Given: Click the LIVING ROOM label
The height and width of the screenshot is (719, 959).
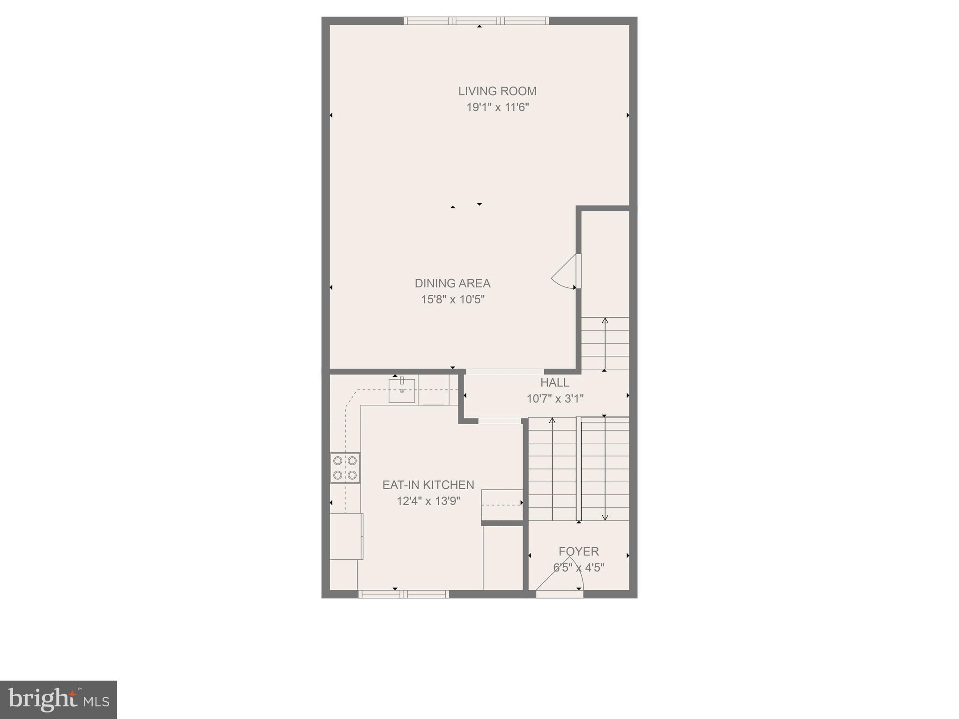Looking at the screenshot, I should pos(497,91).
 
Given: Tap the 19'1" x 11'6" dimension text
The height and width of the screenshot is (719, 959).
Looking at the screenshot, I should pos(497,108).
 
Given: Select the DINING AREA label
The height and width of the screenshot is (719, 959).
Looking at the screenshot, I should pos(452,283).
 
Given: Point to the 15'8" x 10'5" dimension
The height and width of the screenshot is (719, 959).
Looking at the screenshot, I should pos(452,300).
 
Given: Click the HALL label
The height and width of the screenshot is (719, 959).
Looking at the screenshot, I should pos(555,382).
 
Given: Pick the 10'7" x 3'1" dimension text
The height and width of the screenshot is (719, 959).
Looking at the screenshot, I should pos(555,399).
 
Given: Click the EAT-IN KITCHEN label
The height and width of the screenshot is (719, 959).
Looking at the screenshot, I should pos(428,485).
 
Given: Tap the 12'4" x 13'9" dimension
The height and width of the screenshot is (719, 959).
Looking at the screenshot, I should pos(428,501).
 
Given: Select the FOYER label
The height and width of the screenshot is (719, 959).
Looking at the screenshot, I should pos(579,551).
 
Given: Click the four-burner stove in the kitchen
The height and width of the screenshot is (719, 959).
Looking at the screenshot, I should pos(345,468).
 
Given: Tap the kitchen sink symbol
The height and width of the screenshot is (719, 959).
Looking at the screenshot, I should pos(402,391).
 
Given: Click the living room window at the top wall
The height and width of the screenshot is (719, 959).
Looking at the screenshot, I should pos(476,21).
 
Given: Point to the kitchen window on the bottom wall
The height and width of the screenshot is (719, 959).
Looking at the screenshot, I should pos(404,594).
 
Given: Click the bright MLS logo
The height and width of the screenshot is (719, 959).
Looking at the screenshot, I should pos(59,699).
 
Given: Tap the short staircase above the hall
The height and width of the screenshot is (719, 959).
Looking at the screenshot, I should pos(605,344).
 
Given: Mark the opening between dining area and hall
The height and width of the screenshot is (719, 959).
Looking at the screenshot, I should pos(505,372).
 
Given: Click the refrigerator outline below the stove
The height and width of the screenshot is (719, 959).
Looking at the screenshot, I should pos(346,536).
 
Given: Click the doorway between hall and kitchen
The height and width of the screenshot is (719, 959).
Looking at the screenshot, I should pos(500,421).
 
